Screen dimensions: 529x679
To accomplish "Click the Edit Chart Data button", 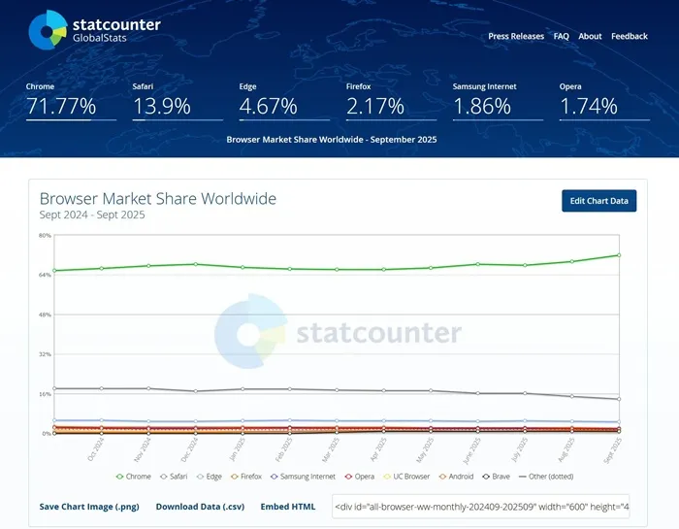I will pyautogui.click(x=598, y=201).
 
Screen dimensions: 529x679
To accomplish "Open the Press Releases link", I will pyautogui.click(x=516, y=36).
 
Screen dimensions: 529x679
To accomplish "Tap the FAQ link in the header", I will pyautogui.click(x=561, y=36).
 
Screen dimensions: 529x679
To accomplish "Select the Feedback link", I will pyautogui.click(x=629, y=36).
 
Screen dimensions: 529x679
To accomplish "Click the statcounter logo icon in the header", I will pyautogui.click(x=47, y=29).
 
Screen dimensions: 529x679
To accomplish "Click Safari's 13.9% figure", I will pyautogui.click(x=161, y=107).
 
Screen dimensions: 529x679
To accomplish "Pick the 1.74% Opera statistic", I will pyautogui.click(x=588, y=107).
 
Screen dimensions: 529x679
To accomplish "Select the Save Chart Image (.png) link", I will pyautogui.click(x=90, y=507).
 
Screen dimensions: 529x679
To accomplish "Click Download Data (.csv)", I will pyautogui.click(x=200, y=507).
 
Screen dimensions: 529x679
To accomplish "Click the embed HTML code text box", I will pyautogui.click(x=481, y=507).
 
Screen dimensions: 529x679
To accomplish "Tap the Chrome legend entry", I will pyautogui.click(x=134, y=477).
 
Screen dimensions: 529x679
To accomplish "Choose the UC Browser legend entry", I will pyautogui.click(x=406, y=477).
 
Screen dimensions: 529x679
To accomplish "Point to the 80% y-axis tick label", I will pyautogui.click(x=45, y=236).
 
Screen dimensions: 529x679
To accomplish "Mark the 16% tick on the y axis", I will pyautogui.click(x=45, y=394).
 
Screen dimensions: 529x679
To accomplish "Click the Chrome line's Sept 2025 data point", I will pyautogui.click(x=619, y=255).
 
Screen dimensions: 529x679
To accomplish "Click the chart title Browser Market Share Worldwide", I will pyautogui.click(x=158, y=199).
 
